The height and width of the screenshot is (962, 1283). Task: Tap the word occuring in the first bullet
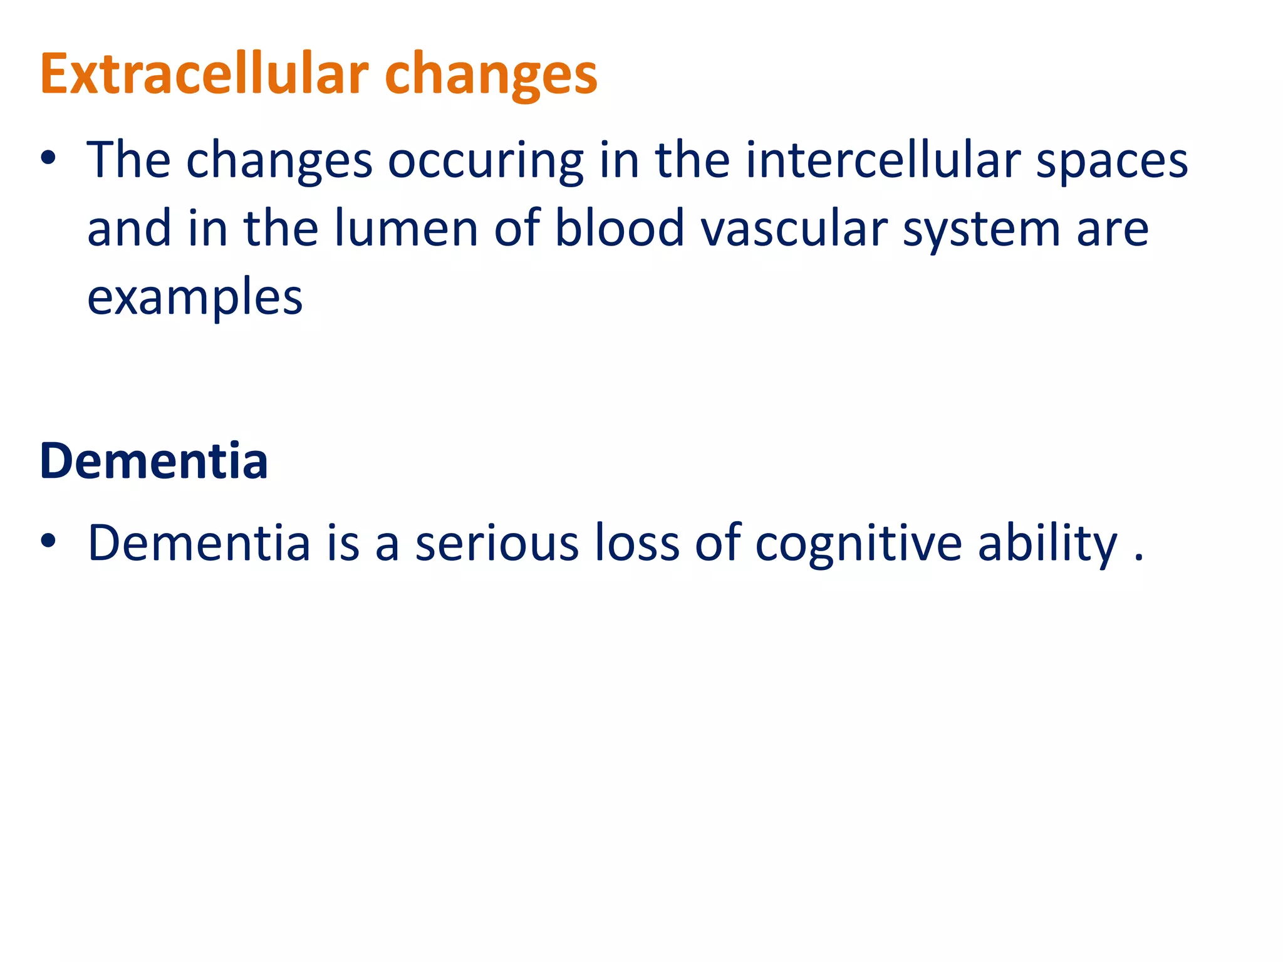pos(486,162)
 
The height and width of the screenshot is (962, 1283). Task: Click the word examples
pos(195,298)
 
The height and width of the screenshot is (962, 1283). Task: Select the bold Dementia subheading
pos(154,461)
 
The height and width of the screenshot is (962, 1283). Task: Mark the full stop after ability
pos(1139,557)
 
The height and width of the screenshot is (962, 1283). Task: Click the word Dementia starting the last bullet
pos(199,542)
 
